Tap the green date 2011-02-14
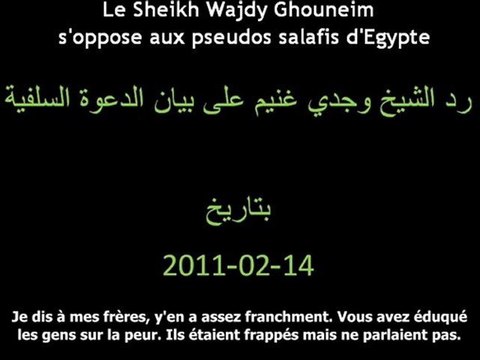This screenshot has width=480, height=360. coord(237,265)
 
